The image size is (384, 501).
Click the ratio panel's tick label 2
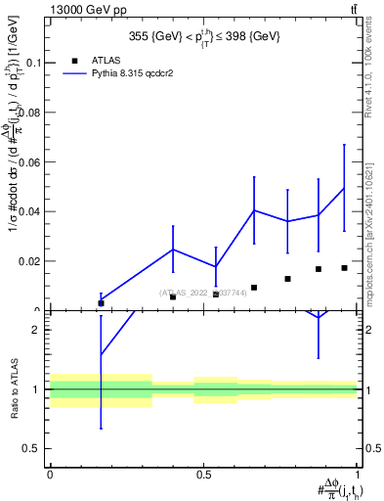click(x=36, y=330)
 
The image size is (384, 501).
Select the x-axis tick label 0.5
click(x=203, y=475)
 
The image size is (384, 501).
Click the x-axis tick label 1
click(x=358, y=475)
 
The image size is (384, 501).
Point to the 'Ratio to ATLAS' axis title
click(x=13, y=389)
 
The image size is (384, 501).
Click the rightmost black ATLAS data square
click(x=344, y=268)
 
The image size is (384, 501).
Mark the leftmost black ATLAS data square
click(x=101, y=303)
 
